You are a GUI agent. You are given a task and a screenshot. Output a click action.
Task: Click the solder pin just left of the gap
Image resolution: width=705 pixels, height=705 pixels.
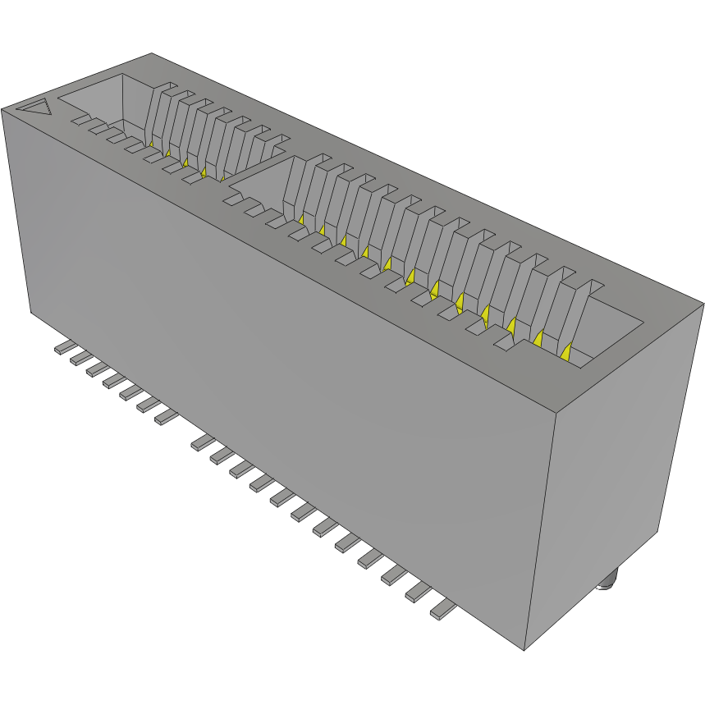click(165, 418)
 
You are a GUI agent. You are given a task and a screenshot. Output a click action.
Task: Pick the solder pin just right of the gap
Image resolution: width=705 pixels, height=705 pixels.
click(201, 443)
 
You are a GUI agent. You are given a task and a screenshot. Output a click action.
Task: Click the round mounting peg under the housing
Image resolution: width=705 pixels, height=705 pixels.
click(607, 584)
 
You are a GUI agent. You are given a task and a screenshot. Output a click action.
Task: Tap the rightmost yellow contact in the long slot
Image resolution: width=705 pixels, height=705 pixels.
click(565, 351)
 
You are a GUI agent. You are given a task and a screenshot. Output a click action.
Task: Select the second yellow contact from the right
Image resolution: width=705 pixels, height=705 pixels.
click(538, 337)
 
